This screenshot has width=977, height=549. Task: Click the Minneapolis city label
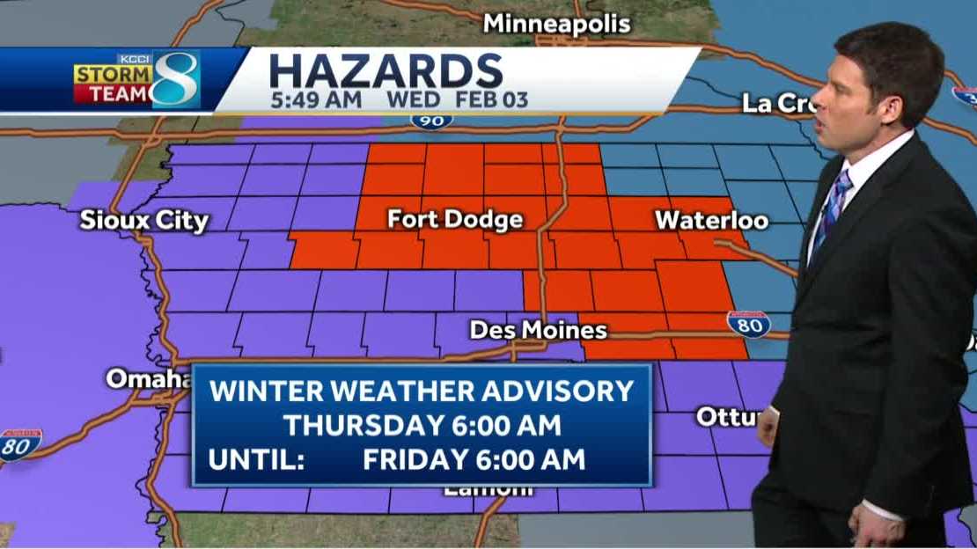(x=556, y=24)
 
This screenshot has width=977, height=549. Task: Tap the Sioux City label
(x=143, y=220)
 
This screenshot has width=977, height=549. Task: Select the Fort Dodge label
(x=455, y=219)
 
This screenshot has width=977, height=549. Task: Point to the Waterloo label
(x=711, y=220)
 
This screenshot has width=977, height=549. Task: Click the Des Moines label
(x=538, y=331)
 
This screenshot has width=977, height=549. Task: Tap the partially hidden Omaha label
(x=148, y=378)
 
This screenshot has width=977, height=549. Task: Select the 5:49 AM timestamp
(x=316, y=100)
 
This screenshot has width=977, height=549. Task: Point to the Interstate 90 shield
(x=431, y=119)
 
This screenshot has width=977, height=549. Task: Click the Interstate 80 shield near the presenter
(x=748, y=324)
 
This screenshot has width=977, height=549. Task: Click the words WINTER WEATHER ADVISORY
(x=422, y=391)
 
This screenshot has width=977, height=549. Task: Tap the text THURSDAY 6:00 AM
(x=422, y=426)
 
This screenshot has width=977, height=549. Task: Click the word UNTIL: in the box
(x=257, y=459)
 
